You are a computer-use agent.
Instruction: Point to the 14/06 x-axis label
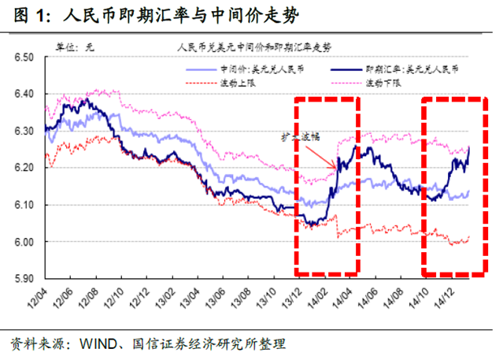[373, 299]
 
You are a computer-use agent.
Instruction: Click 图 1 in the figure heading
[25, 16]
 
